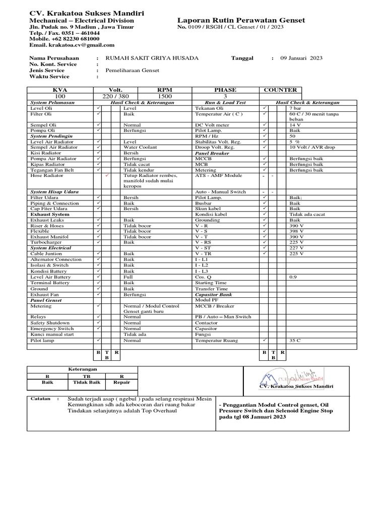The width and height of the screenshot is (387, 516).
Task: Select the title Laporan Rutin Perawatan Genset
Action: pyautogui.click(x=241, y=20)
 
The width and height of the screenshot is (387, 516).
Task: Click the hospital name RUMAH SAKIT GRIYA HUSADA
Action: pyautogui.click(x=152, y=58)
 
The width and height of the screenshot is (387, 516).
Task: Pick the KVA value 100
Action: pyautogui.click(x=60, y=96)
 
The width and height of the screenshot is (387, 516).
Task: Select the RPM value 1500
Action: pyautogui.click(x=165, y=96)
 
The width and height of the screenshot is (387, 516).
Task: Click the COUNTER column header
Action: pyautogui.click(x=280, y=90)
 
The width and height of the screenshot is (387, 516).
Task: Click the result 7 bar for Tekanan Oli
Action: pyautogui.click(x=296, y=108)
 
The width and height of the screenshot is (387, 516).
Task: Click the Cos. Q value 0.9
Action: pyautogui.click(x=293, y=277)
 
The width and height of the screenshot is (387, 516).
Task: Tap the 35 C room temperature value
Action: pyautogui.click(x=295, y=341)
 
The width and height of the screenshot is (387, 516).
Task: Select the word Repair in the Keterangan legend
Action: pyautogui.click(x=121, y=382)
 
